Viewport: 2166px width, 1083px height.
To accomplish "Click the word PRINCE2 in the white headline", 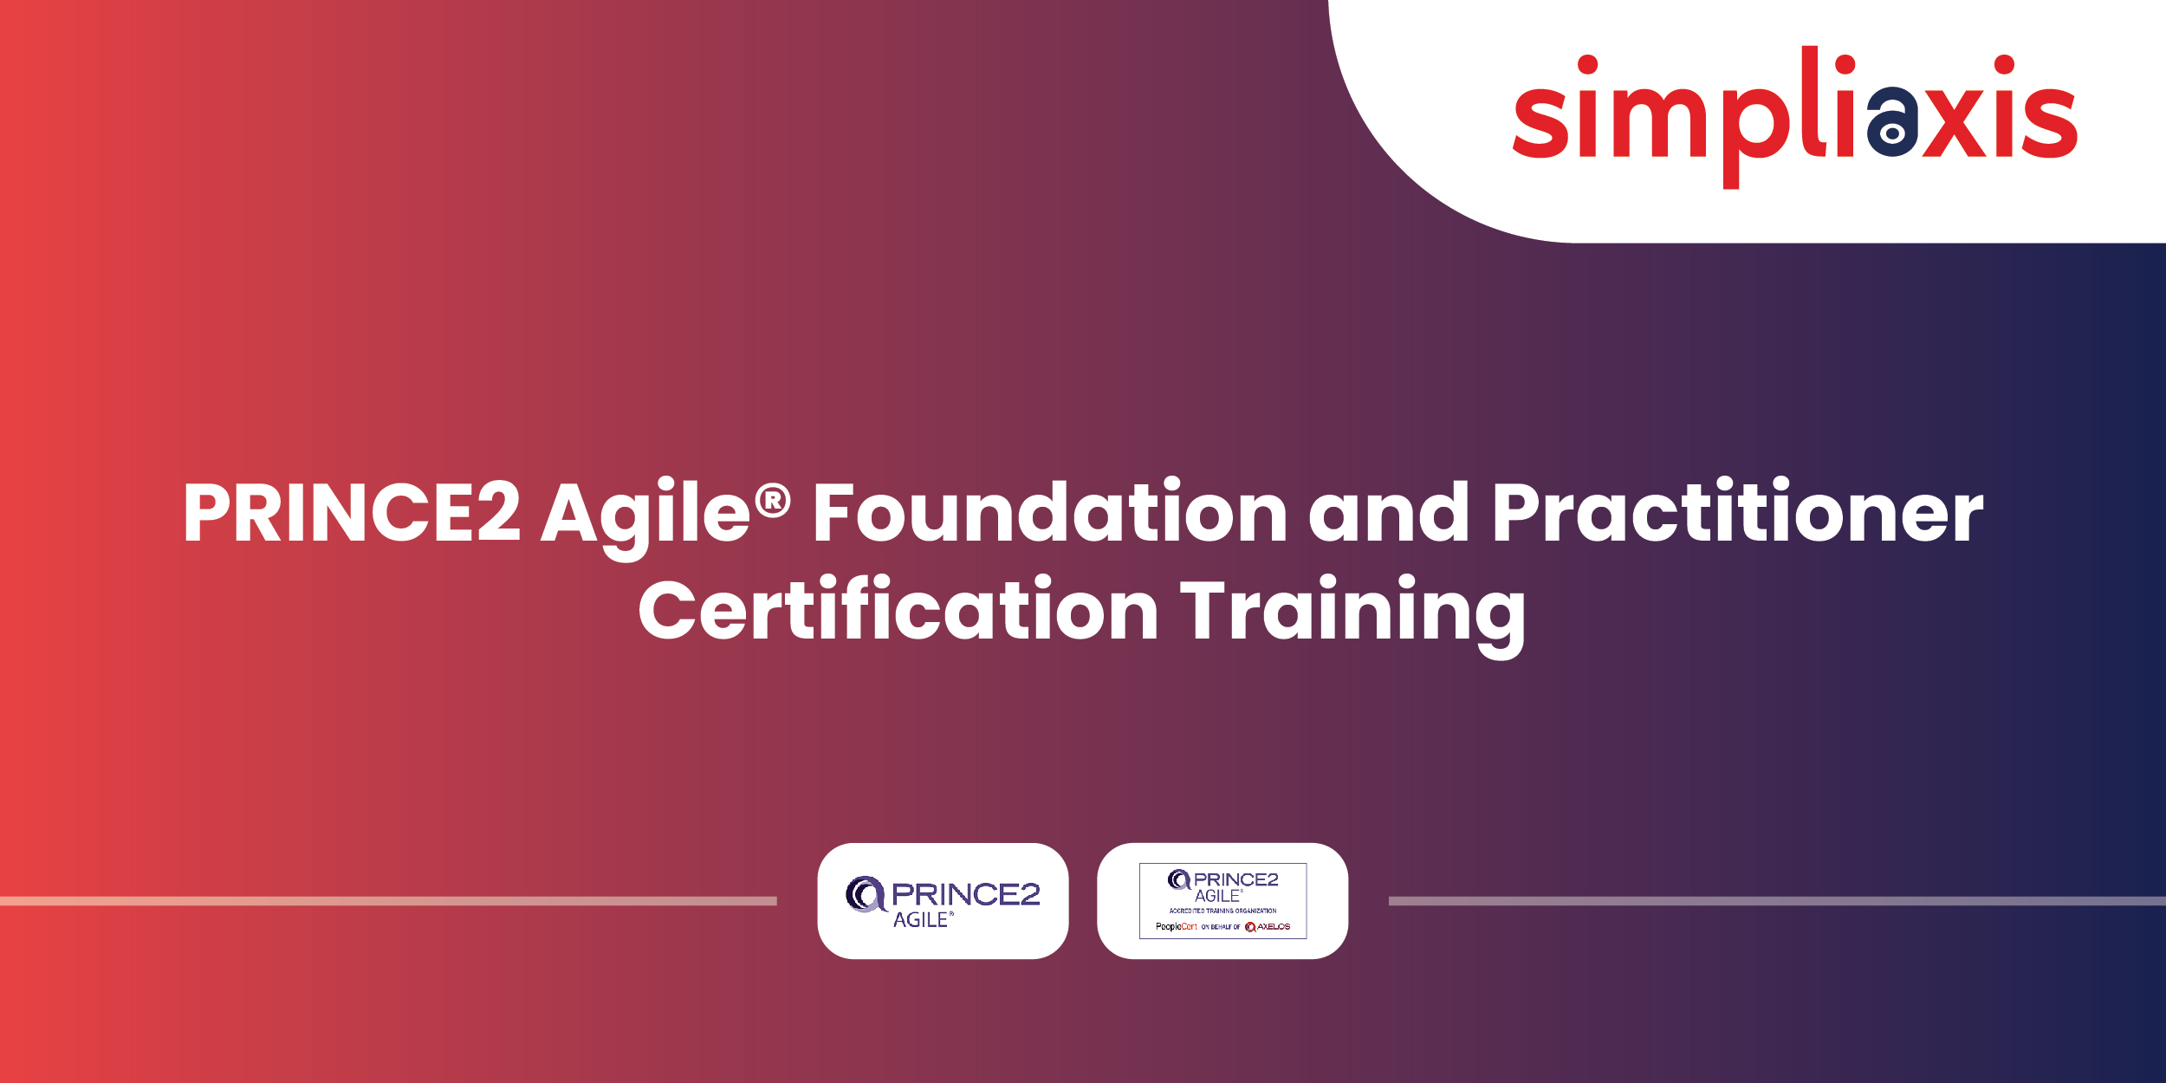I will click(351, 513).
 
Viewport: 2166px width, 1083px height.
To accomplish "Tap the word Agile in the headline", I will click(645, 513).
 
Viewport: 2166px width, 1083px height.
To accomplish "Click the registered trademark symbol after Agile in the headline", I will click(773, 501).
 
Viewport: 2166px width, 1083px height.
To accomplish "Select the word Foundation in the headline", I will click(1049, 513).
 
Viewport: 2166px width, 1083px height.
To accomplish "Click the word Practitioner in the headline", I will click(1737, 513).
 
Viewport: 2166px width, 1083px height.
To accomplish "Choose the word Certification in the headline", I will click(898, 611).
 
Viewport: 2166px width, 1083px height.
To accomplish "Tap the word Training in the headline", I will click(1352, 611).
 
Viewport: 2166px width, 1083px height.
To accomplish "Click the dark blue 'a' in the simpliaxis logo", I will click(1891, 122).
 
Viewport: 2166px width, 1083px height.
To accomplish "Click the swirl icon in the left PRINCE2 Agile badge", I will click(864, 893).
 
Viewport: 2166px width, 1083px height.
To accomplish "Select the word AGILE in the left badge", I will click(921, 920).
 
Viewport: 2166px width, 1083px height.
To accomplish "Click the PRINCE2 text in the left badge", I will click(965, 893).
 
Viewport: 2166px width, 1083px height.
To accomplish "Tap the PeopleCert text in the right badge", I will click(1176, 926).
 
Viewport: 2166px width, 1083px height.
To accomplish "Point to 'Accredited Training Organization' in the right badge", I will click(1222, 911).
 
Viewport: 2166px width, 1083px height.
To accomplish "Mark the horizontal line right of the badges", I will click(1776, 901).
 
